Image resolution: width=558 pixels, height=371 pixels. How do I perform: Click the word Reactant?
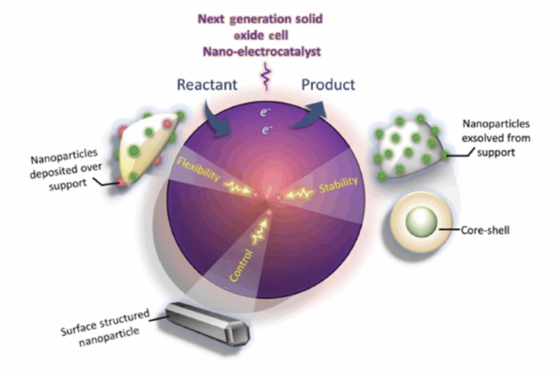(x=207, y=85)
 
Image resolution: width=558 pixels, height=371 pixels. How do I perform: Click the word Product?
(x=329, y=85)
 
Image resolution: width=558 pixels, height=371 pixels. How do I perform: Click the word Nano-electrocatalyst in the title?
(x=260, y=52)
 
